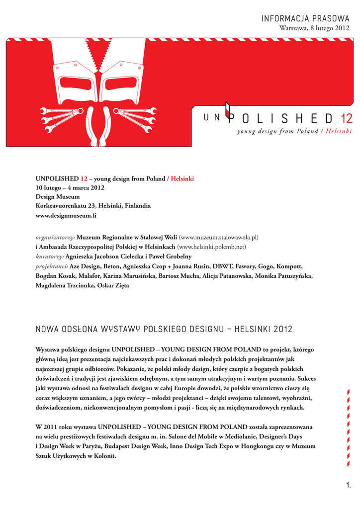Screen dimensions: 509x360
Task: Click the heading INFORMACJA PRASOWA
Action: click(306, 19)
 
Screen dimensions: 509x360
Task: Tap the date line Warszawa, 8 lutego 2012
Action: click(315, 28)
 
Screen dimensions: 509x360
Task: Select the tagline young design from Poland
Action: click(277, 131)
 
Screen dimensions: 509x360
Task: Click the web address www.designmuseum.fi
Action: click(66, 215)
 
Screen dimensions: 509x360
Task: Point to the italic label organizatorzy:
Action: click(55, 237)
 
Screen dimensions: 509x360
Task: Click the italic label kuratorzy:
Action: click(50, 256)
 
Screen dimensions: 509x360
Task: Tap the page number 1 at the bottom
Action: click(349, 485)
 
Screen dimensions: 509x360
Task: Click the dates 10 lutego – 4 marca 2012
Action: click(70, 187)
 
